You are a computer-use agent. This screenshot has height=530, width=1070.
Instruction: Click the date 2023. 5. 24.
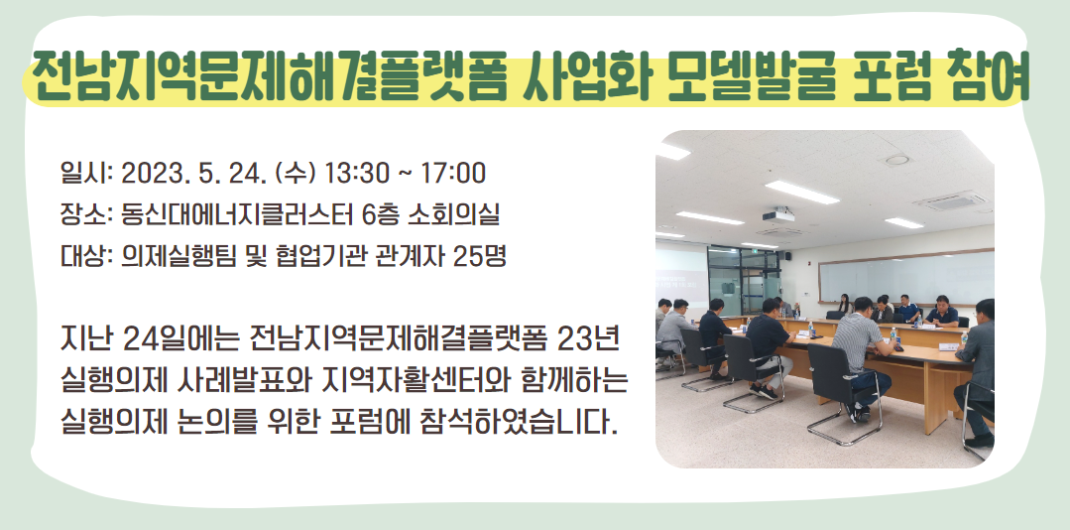tap(193, 174)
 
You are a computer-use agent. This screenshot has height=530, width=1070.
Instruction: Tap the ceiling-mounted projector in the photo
tap(778, 215)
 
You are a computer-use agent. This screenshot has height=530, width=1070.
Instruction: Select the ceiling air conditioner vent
tap(951, 201)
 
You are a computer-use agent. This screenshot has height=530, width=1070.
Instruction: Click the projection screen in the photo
tap(681, 275)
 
